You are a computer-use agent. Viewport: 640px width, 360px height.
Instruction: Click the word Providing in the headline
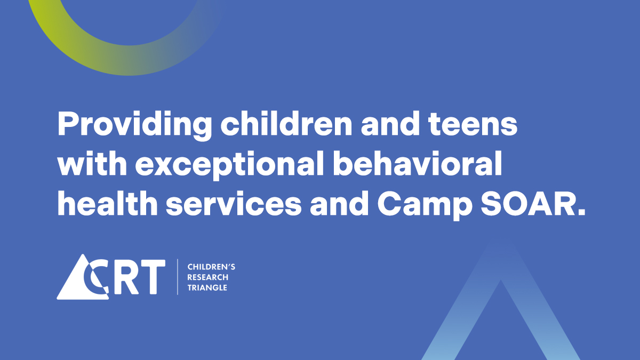click(x=134, y=125)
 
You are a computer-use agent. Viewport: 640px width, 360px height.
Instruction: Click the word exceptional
click(x=229, y=165)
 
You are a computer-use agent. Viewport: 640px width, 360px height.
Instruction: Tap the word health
click(x=107, y=202)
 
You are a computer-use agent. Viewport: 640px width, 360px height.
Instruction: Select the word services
click(x=234, y=204)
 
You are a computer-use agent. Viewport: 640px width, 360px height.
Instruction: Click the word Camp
click(x=425, y=205)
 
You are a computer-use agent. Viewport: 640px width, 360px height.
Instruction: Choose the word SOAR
click(x=533, y=203)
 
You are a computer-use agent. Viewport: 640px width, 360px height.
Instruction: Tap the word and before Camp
click(x=339, y=202)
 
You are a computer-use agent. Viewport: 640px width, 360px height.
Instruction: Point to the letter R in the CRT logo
click(x=126, y=277)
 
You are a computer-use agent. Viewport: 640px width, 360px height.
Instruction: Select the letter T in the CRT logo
click(x=151, y=277)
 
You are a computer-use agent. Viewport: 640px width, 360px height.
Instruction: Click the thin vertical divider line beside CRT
click(x=178, y=277)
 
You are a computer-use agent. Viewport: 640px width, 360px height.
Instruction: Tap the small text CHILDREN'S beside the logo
click(x=211, y=267)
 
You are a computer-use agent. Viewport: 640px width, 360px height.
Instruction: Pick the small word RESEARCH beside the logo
click(x=207, y=277)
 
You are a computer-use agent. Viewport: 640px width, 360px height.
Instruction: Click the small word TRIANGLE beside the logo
click(x=207, y=287)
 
